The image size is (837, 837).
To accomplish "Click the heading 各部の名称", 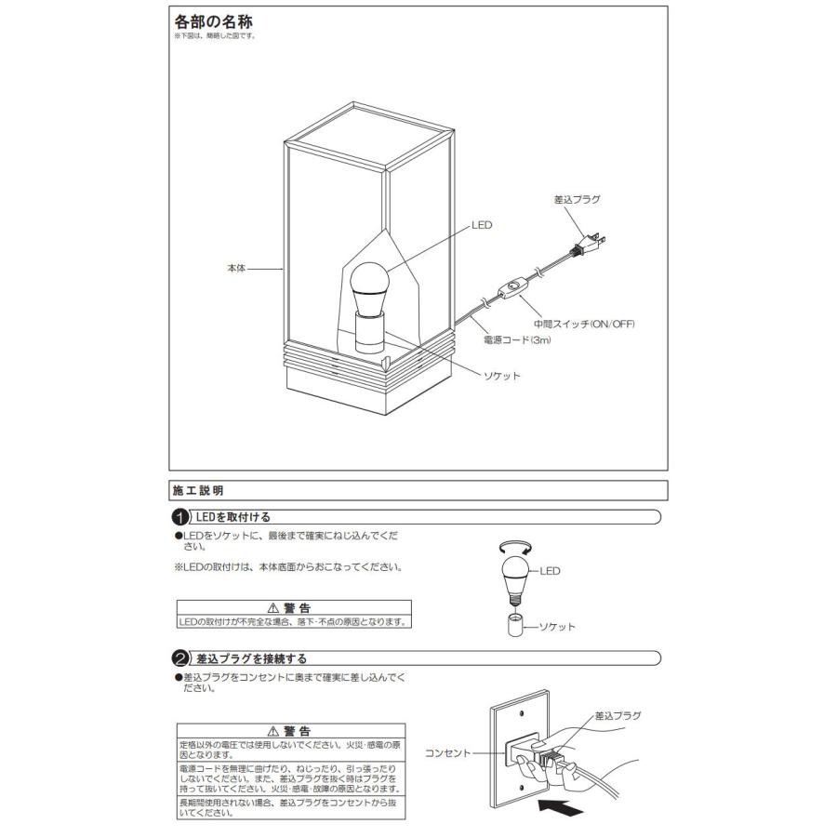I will pos(213,20).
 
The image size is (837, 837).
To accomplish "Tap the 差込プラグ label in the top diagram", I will pos(577,200).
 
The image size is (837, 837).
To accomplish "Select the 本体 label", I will pos(236,269).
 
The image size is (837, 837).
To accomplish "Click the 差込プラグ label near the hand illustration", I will pos(618,716).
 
